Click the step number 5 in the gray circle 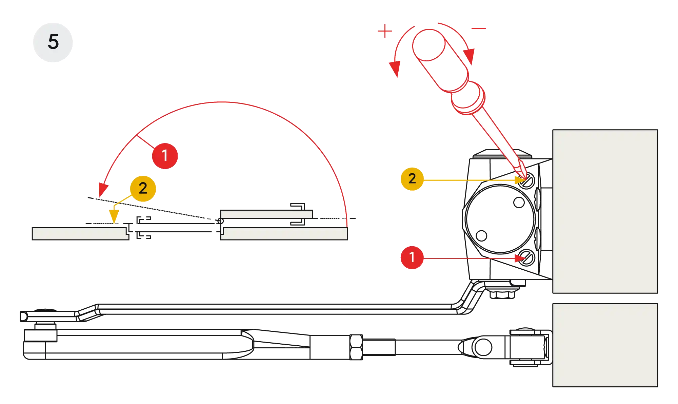pos(53,42)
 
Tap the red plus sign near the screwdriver pos(385,32)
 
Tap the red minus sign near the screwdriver pos(479,29)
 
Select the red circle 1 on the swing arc pos(165,156)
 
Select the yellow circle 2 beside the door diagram pos(143,188)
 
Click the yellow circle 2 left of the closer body pos(412,178)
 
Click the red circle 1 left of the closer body pos(412,257)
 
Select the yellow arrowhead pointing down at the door pos(114,216)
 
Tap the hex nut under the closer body pos(502,293)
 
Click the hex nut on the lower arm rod pos(356,347)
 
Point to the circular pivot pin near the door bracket pos(483,347)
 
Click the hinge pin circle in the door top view pos(220,221)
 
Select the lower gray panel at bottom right pos(605,345)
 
